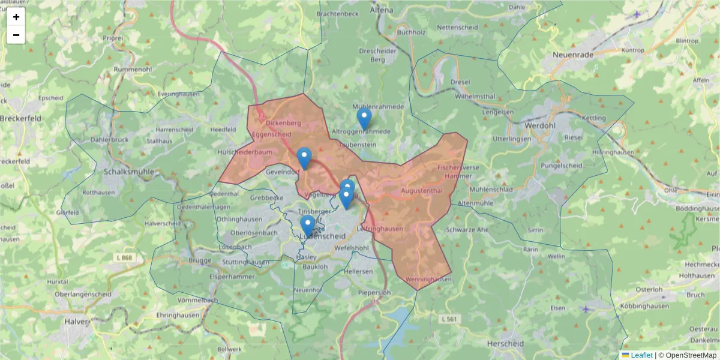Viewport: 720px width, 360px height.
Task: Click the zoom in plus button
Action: coord(16,17)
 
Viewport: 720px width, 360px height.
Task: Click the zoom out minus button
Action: coord(16,35)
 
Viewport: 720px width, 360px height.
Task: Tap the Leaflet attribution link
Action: coord(641,355)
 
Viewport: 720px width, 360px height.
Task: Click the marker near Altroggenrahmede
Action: coord(364,118)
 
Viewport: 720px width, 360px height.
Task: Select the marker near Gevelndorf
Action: coord(304,158)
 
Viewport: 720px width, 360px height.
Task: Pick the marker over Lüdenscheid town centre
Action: coord(307,227)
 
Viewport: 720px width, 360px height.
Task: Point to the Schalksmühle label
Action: coord(128,172)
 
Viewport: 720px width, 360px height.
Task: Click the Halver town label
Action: coord(77,321)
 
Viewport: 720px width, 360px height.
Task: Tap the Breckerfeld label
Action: coord(20,118)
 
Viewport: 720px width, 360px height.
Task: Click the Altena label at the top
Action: coord(382,10)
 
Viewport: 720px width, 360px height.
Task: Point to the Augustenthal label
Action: coord(421,191)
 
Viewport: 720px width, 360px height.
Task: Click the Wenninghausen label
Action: coord(428,280)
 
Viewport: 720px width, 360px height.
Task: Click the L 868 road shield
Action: coord(123,257)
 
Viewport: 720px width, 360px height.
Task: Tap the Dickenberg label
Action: coord(283,122)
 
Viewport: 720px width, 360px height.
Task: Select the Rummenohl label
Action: coord(133,69)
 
